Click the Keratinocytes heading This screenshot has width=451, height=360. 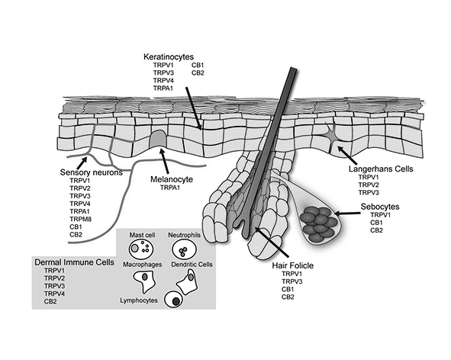pos(169,56)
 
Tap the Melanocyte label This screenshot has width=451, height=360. pos(172,179)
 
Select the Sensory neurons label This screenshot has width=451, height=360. pos(91,172)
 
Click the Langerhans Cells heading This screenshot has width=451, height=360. pos(381,169)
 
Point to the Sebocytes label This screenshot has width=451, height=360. pos(380,207)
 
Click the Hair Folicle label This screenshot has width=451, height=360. pos(293,265)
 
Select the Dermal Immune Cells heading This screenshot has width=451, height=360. pos(74,262)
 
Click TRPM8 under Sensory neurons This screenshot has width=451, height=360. pos(81,219)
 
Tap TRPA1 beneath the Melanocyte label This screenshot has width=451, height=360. pos(170,188)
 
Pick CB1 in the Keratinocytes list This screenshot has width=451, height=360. pos(198,66)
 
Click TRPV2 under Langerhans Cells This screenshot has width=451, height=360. pos(369,185)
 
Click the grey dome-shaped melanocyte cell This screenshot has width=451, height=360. pos(158,138)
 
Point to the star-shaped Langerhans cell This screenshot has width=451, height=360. pos(332,135)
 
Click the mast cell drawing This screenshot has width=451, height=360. pos(141,249)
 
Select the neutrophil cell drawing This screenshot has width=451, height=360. pos(184,249)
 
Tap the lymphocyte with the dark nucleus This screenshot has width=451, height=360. pos(174,300)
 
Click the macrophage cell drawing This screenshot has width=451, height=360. pos(144,281)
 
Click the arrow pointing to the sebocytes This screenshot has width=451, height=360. pos(347,214)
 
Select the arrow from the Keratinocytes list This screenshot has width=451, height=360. pos(193,108)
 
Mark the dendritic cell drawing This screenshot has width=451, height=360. pos(187,282)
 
